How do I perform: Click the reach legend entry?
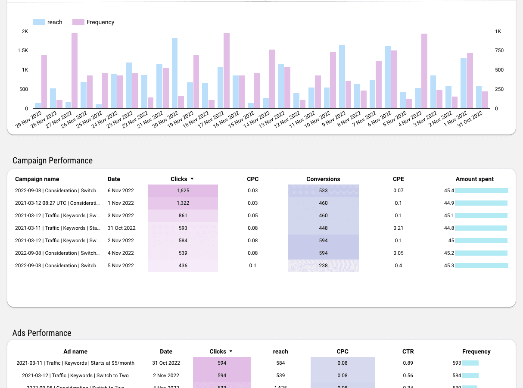pyautogui.click(x=48, y=22)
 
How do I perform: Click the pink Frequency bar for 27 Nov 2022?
pyautogui.click(x=75, y=71)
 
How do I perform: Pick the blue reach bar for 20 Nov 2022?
pyautogui.click(x=174, y=73)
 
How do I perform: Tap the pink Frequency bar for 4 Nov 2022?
pyautogui.click(x=424, y=71)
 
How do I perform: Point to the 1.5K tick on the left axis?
pyautogui.click(x=23, y=50)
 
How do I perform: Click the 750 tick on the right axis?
pyautogui.click(x=499, y=50)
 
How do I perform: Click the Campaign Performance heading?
pyautogui.click(x=53, y=160)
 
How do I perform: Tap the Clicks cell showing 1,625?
pyautogui.click(x=183, y=191)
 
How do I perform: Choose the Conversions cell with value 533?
pyautogui.click(x=323, y=191)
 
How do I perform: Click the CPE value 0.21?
pyautogui.click(x=398, y=228)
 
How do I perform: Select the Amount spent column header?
pyautogui.click(x=474, y=179)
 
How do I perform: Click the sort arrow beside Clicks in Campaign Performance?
pyautogui.click(x=192, y=179)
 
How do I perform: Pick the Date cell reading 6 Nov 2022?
pyautogui.click(x=121, y=191)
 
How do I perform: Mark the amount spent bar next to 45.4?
pyautogui.click(x=481, y=191)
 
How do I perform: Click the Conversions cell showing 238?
pyautogui.click(x=323, y=266)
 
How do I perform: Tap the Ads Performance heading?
pyautogui.click(x=42, y=333)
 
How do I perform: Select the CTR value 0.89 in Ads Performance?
pyautogui.click(x=408, y=363)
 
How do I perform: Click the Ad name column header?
pyautogui.click(x=75, y=351)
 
